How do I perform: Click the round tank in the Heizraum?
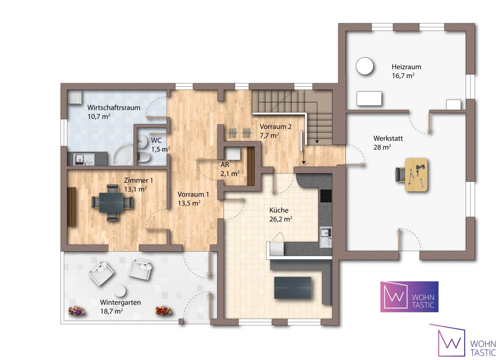pyautogui.click(x=364, y=66)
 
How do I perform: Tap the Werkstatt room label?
pyautogui.click(x=388, y=138)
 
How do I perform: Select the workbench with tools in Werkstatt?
pyautogui.click(x=416, y=174)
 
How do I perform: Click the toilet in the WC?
pyautogui.click(x=143, y=157)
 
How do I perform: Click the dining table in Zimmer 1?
pyautogui.click(x=111, y=202)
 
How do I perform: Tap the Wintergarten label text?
pyautogui.click(x=120, y=302)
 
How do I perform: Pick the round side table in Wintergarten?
pyautogui.click(x=120, y=291)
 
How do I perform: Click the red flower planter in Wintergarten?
pyautogui.click(x=163, y=310)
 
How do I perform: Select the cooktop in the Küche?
pyautogui.click(x=326, y=196)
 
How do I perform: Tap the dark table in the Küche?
pyautogui.click(x=292, y=288)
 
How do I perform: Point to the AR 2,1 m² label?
pyautogui.click(x=230, y=169)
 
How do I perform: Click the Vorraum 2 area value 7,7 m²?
pyautogui.click(x=269, y=136)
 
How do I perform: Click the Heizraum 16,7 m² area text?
pyautogui.click(x=403, y=76)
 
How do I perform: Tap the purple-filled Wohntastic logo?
pyautogui.click(x=409, y=297)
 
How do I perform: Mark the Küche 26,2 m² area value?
pyautogui.click(x=281, y=219)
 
